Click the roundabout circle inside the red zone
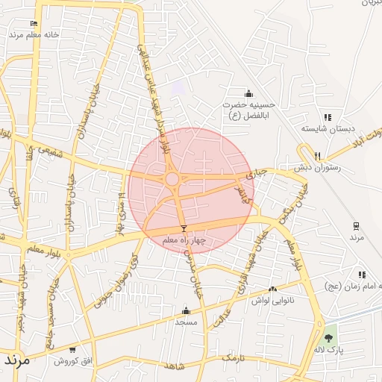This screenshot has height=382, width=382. tap(172, 179)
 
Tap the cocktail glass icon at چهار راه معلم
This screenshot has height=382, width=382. tap(184, 228)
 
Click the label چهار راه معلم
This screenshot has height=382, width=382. tap(184, 239)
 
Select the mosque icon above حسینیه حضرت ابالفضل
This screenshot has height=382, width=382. tap(248, 94)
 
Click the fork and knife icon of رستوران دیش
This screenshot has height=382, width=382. tap(318, 156)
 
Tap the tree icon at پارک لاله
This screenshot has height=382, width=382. tap(329, 338)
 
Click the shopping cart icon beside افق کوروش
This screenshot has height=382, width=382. tap(72, 348)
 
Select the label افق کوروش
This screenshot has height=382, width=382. tap(72, 360)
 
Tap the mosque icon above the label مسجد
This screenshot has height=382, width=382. tap(185, 311)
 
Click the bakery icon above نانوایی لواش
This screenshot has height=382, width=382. tap(272, 289)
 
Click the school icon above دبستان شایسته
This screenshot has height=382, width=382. tap(327, 118)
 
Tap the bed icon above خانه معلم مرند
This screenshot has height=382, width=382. tap(34, 24)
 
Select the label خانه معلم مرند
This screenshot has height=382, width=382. tap(34, 35)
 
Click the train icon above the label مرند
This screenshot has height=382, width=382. tap(357, 225)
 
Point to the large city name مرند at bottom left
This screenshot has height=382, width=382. tap(16, 360)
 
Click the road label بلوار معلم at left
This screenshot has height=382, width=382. tap(45, 248)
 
